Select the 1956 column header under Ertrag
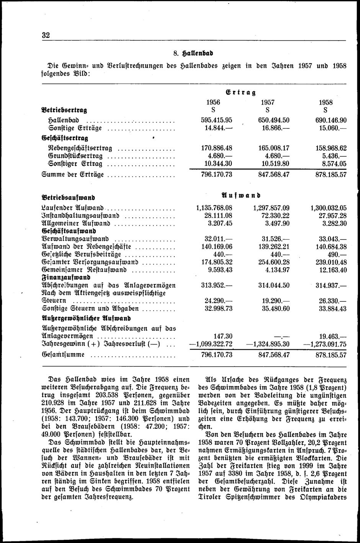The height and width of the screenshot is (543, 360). pyautogui.click(x=213, y=102)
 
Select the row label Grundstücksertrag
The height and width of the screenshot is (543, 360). pyautogui.click(x=73, y=156)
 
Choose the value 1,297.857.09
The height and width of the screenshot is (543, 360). pyautogui.click(x=272, y=208)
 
